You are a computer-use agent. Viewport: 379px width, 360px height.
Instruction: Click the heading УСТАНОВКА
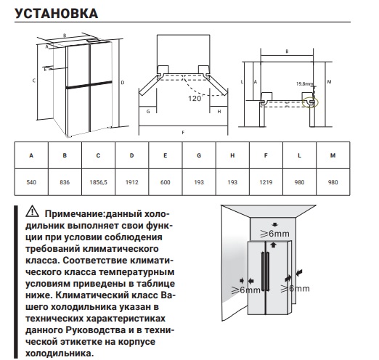[x=54, y=14]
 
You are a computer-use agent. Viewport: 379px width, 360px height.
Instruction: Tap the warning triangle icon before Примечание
[x=31, y=214]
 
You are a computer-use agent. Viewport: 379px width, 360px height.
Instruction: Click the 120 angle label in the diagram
[x=194, y=98]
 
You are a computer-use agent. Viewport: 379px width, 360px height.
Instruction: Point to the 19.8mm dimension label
[x=304, y=83]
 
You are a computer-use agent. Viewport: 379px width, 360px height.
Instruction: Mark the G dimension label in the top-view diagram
[x=147, y=112]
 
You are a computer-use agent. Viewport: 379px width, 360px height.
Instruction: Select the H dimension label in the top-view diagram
[x=219, y=112]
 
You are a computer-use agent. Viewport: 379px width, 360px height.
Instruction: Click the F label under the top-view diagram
[x=182, y=132]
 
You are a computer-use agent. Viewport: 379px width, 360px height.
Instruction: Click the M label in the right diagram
[x=330, y=82]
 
